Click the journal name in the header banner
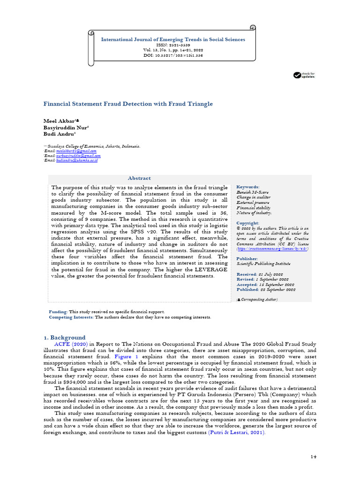[173, 39]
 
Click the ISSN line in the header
[173, 45]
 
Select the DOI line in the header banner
[173, 55]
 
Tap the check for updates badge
[304, 75]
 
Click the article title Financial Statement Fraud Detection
[128, 104]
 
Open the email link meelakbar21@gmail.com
[76, 151]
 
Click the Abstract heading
[140, 178]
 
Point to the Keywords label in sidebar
[248, 187]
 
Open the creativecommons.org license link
[272, 248]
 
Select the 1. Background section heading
[64, 337]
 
